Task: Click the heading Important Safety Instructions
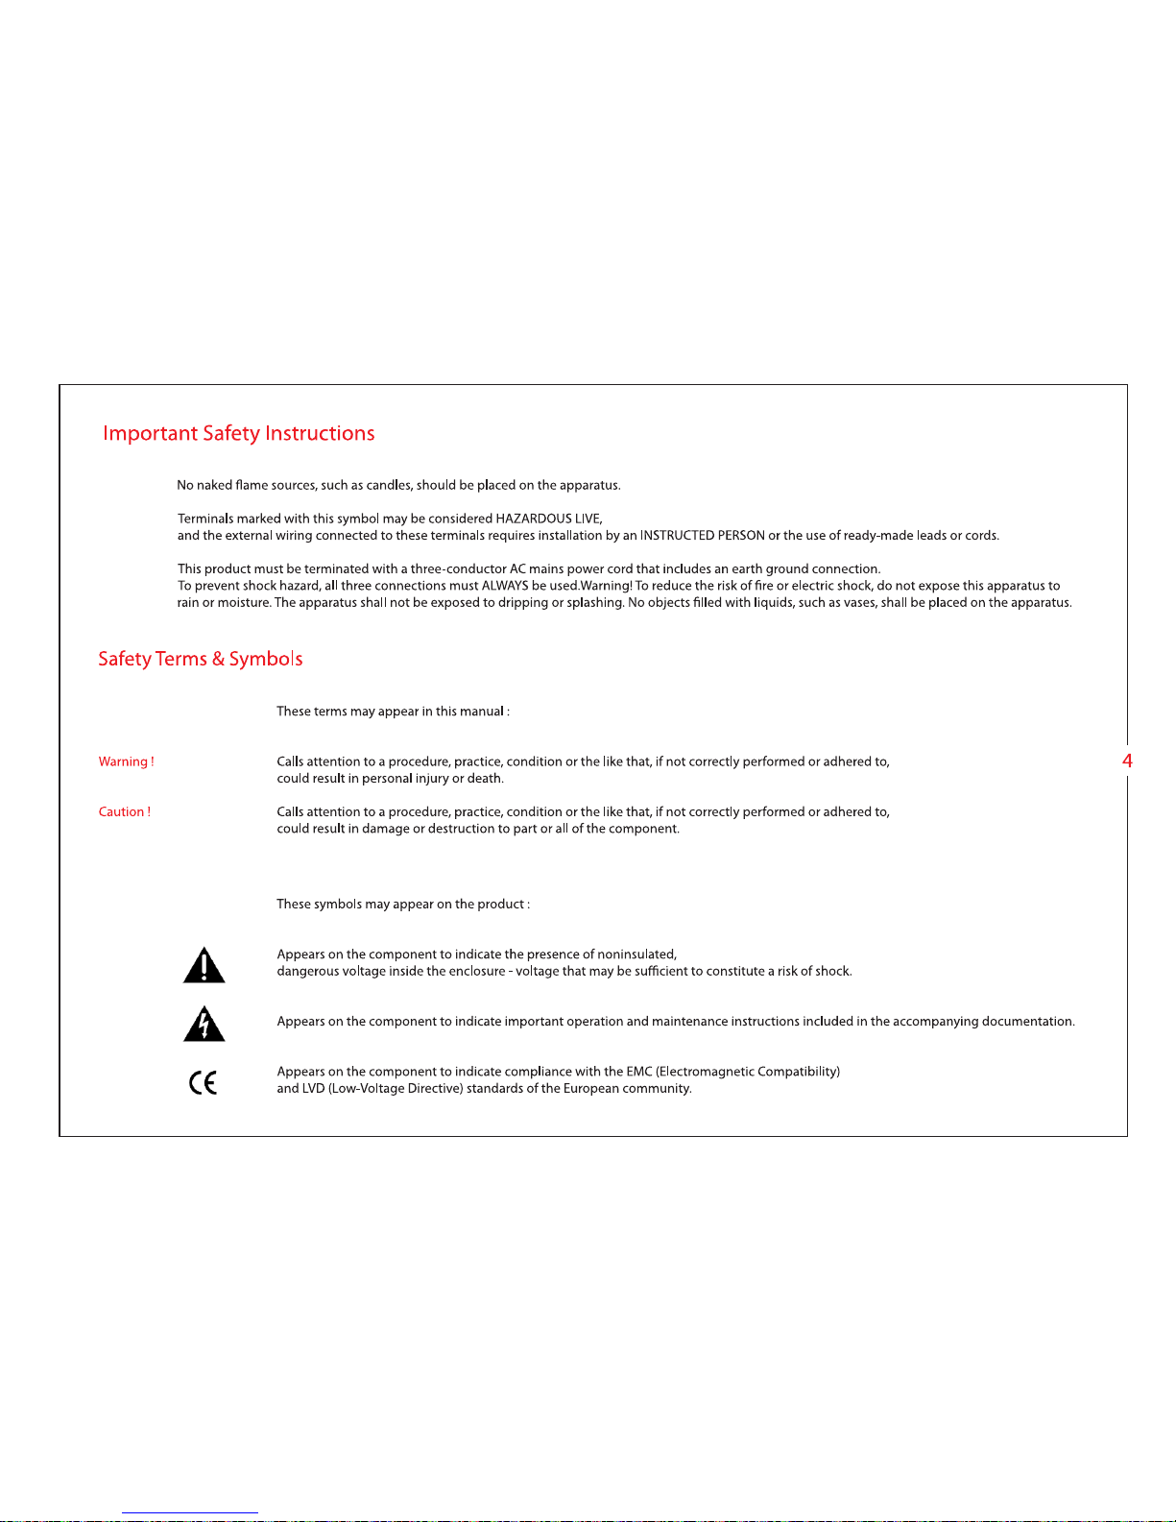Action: click(238, 434)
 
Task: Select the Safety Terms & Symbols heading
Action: click(200, 659)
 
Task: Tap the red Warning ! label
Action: click(126, 761)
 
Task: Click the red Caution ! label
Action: click(124, 811)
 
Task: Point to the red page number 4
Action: click(1127, 761)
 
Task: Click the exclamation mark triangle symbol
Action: click(204, 965)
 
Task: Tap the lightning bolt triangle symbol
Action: click(204, 1025)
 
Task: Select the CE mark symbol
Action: click(203, 1083)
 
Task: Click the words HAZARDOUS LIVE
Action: click(548, 519)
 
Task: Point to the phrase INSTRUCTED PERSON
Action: click(702, 536)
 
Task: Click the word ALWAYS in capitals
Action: click(505, 586)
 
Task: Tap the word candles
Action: click(388, 485)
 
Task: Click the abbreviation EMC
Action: click(638, 1072)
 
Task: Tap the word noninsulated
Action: click(636, 954)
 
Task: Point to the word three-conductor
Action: click(458, 569)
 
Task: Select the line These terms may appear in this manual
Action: click(393, 712)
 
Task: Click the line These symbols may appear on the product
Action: click(402, 905)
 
